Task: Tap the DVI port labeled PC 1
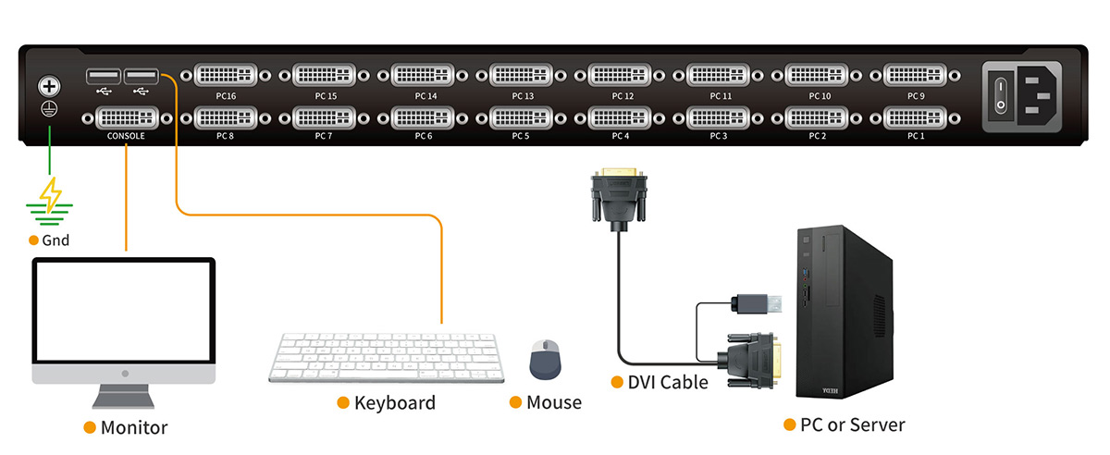[915, 117]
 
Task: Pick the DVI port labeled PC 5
[521, 117]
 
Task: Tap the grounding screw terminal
[49, 88]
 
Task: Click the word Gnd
[55, 240]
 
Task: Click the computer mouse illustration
[545, 359]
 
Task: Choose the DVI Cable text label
[668, 382]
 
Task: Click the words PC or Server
[852, 425]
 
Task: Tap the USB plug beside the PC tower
[754, 302]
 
